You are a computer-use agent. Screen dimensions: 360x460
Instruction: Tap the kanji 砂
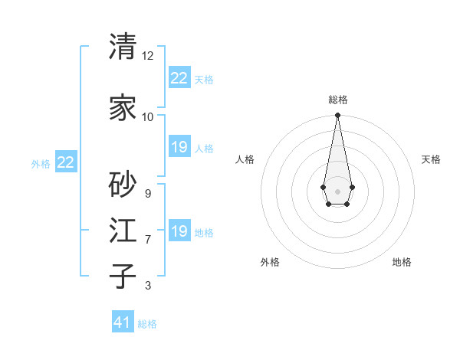[x=123, y=184]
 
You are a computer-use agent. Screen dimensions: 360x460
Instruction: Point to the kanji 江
[x=123, y=230]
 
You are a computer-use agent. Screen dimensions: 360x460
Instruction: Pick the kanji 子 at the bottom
[x=123, y=276]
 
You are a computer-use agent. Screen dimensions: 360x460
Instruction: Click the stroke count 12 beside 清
[x=148, y=56]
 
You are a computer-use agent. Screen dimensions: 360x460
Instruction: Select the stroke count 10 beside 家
[x=148, y=117]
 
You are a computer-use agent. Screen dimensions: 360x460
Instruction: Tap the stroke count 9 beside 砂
[x=147, y=194]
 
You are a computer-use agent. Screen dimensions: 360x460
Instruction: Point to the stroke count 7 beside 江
[x=147, y=240]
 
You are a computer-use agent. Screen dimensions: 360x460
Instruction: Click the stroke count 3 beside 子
[x=147, y=286]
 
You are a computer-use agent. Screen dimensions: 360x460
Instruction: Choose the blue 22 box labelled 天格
[x=179, y=78]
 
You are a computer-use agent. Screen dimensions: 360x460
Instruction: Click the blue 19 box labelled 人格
[x=179, y=147]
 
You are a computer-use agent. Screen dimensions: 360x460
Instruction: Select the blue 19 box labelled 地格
[x=179, y=231]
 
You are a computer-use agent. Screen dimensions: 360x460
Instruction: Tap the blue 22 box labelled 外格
[x=66, y=162]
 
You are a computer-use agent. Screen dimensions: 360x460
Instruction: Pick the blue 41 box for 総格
[x=123, y=322]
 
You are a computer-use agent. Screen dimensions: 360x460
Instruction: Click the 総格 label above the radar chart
[x=338, y=100]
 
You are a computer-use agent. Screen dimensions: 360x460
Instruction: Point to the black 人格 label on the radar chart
[x=245, y=159]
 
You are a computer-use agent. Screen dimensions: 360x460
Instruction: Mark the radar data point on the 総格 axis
[x=337, y=116]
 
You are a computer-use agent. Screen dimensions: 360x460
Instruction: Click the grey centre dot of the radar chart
[x=337, y=190]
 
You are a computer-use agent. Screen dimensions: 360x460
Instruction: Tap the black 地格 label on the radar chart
[x=402, y=262]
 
